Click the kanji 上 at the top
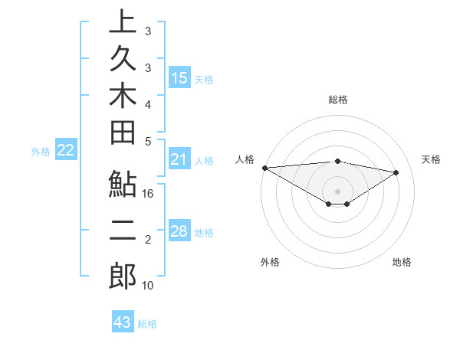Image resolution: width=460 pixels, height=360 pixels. [123, 22]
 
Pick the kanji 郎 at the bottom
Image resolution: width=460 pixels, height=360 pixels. [123, 277]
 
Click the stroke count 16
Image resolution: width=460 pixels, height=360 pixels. [149, 195]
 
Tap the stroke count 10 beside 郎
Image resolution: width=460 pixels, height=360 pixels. [149, 286]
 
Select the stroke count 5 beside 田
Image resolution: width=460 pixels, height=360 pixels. [148, 141]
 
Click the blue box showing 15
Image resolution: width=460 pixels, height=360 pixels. [179, 77]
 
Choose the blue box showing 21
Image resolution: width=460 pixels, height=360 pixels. [179, 159]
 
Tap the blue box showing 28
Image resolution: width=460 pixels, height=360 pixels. [179, 231]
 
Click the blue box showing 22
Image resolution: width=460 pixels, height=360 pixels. [66, 151]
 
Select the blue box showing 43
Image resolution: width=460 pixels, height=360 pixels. [123, 322]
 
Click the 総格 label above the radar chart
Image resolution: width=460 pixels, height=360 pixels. [338, 100]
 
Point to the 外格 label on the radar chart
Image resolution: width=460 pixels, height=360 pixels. [270, 262]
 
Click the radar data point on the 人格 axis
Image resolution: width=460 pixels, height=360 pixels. [264, 168]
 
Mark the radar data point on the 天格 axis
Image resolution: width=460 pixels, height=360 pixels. [396, 172]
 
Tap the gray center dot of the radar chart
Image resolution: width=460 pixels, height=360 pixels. [338, 191]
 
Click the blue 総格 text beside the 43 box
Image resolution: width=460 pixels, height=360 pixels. [147, 324]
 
